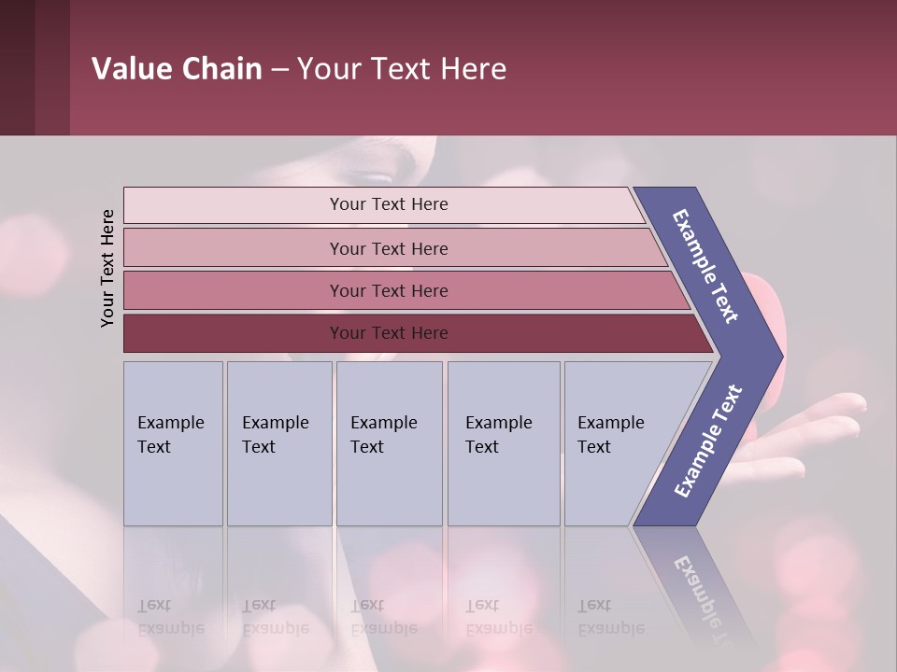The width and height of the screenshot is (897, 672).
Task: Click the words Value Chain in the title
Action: tap(177, 69)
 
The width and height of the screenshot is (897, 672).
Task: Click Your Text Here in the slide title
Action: tap(402, 69)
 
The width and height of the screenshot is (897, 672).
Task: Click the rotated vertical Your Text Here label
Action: tap(107, 268)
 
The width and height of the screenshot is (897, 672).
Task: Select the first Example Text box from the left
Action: tap(173, 443)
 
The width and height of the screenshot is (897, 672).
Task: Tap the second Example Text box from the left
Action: tap(279, 443)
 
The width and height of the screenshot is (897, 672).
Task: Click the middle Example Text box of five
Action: tap(389, 443)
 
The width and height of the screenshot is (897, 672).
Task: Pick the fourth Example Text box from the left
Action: tap(504, 443)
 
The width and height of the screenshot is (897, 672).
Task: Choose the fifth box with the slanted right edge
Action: tap(617, 443)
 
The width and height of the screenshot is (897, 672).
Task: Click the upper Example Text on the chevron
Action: tap(705, 266)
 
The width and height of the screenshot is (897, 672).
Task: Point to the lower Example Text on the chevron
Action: tap(707, 441)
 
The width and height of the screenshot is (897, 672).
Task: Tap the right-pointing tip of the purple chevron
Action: tap(776, 356)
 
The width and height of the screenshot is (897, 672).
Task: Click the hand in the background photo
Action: tap(822, 425)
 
